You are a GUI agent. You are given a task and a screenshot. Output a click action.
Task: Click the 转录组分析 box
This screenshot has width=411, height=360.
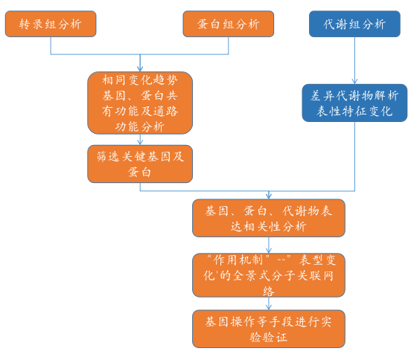click(51, 24)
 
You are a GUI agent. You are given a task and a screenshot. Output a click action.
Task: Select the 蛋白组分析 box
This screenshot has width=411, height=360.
click(229, 24)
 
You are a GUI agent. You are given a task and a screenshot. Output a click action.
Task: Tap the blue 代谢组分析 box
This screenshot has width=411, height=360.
click(354, 24)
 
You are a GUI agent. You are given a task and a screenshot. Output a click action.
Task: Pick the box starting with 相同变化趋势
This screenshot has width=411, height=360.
click(140, 103)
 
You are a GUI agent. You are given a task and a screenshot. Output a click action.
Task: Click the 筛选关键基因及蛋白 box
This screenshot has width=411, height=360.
click(140, 164)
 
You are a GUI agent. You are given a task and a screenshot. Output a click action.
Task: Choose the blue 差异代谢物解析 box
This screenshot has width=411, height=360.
click(354, 103)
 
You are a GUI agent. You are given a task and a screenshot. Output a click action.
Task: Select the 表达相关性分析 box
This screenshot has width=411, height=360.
click(269, 218)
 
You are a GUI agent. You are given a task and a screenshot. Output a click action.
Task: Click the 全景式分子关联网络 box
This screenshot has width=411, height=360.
click(269, 275)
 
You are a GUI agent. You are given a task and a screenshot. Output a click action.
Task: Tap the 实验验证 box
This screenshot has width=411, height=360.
click(269, 329)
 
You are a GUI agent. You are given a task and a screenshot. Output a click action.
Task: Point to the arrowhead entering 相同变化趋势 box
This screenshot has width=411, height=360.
click(140, 69)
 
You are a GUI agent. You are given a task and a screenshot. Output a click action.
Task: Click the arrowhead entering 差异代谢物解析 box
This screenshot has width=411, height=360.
click(354, 81)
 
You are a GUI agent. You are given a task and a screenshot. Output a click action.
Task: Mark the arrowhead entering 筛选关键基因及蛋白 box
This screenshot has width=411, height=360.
click(140, 142)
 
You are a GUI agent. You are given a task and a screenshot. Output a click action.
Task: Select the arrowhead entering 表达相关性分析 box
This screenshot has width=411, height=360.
click(269, 196)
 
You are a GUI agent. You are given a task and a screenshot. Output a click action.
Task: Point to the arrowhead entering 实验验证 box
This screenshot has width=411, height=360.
click(269, 307)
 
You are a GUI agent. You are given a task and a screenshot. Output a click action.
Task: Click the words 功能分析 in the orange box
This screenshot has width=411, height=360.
click(140, 126)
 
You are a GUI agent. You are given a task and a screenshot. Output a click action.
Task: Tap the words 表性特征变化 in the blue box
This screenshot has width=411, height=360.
click(354, 112)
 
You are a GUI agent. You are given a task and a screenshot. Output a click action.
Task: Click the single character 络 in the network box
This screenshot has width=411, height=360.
click(269, 291)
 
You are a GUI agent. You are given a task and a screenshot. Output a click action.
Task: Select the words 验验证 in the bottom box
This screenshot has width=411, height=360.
click(269, 337)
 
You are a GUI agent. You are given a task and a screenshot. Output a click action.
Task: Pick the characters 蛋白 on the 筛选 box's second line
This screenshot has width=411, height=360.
click(139, 173)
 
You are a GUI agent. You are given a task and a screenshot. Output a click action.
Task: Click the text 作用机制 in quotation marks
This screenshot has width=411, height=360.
click(238, 260)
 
